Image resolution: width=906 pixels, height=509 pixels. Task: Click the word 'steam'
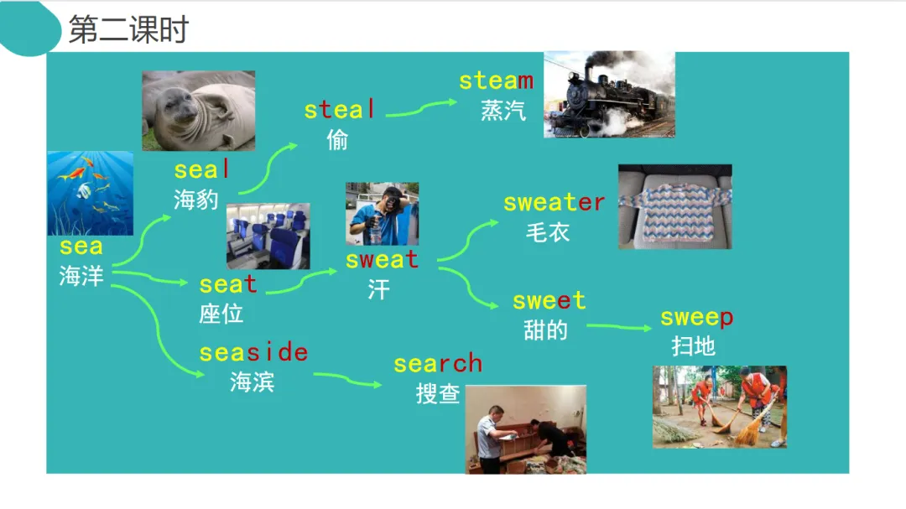tap(496, 81)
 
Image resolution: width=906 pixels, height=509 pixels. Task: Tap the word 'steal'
tap(340, 110)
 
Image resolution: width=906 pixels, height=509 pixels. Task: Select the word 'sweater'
tap(554, 202)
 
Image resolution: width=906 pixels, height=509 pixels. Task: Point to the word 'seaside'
tap(253, 352)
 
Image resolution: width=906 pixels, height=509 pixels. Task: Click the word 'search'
tap(438, 363)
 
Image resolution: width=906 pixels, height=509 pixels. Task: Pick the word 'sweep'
tap(696, 318)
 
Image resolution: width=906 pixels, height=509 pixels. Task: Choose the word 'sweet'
tap(549, 300)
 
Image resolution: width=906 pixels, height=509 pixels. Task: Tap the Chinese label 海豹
tap(196, 199)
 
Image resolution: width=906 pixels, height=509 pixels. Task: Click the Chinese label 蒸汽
tap(503, 110)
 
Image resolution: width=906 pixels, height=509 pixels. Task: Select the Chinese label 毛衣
tap(547, 231)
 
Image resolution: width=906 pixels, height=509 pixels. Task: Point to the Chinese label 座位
tap(221, 314)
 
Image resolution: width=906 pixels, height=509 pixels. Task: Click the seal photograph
tap(198, 111)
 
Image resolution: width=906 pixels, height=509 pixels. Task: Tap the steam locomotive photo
tap(609, 94)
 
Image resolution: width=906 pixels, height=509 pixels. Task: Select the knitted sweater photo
tap(674, 206)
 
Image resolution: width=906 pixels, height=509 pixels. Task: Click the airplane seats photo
tap(268, 236)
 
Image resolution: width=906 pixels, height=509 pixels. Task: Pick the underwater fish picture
tap(90, 193)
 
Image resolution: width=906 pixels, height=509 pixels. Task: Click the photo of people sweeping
tap(719, 407)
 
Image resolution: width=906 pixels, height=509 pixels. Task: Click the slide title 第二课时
tap(128, 30)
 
